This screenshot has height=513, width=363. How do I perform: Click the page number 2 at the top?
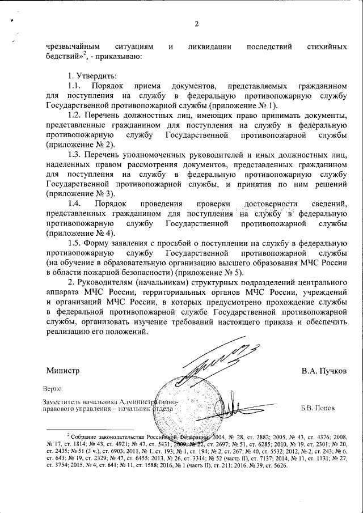click(x=196, y=24)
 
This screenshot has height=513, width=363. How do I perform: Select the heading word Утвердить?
click(x=88, y=76)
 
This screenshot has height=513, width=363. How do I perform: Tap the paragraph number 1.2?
click(x=75, y=116)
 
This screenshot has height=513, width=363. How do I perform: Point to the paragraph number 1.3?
click(x=75, y=155)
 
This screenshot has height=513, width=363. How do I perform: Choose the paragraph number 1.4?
click(x=75, y=203)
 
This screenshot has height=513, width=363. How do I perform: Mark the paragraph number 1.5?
click(x=75, y=243)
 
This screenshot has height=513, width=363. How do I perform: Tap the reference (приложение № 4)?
click(x=77, y=233)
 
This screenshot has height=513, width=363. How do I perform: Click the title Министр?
click(x=62, y=371)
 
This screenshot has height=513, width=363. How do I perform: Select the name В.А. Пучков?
click(x=323, y=371)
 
